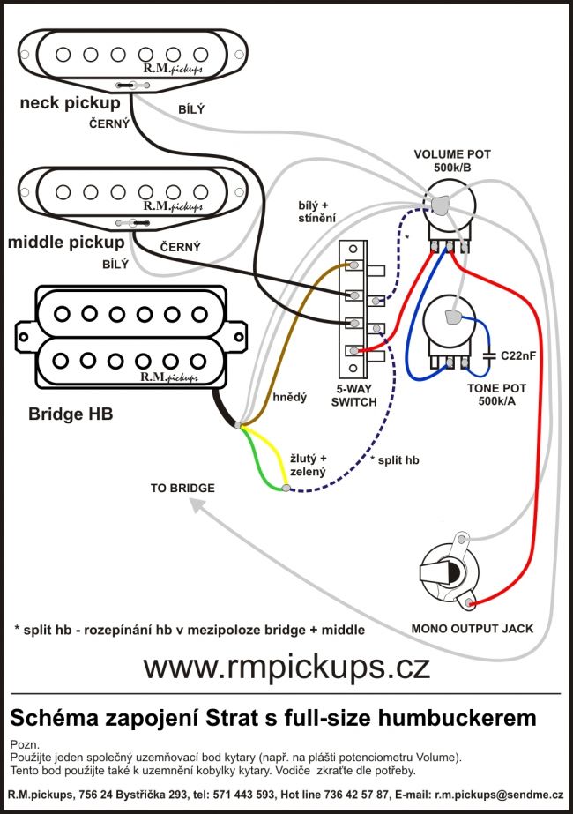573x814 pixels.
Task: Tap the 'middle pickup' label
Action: pos(66,241)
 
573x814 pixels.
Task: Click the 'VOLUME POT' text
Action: pos(452,154)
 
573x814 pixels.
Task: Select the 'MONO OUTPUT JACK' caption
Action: pos(473,629)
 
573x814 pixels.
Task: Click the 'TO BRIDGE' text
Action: pos(182,487)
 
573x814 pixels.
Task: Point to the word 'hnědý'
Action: pos(290,398)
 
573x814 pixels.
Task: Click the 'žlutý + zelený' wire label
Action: pos(309,465)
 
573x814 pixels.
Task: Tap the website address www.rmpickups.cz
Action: pos(286,666)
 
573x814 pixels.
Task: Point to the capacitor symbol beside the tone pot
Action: pos(489,355)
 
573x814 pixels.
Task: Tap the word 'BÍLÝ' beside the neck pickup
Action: pos(190,108)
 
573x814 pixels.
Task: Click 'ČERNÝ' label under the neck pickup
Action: pos(109,124)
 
